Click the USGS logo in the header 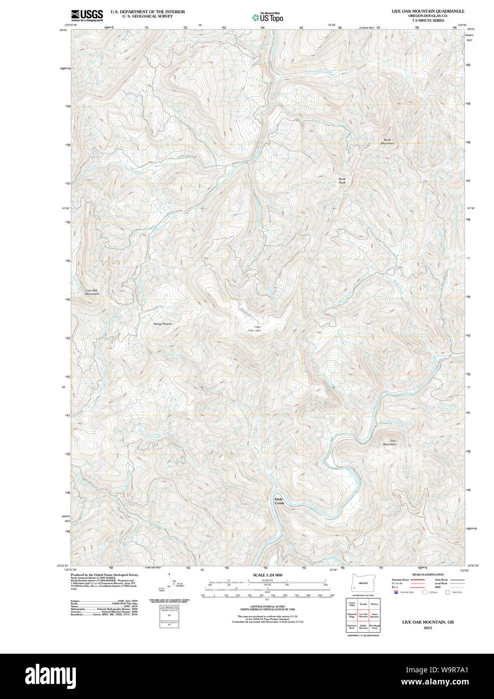coord(87,15)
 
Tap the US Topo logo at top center coord(267,17)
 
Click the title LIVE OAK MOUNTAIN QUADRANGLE coord(428,11)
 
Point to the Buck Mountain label coord(387,141)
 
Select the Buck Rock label coord(342,181)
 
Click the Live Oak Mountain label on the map coord(92,292)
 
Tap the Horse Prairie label coord(162,324)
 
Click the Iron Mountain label coord(390,443)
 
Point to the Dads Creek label coord(279,501)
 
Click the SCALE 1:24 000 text coord(267,575)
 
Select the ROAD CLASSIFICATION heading coord(428,574)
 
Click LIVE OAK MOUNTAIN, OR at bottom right coord(428,622)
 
